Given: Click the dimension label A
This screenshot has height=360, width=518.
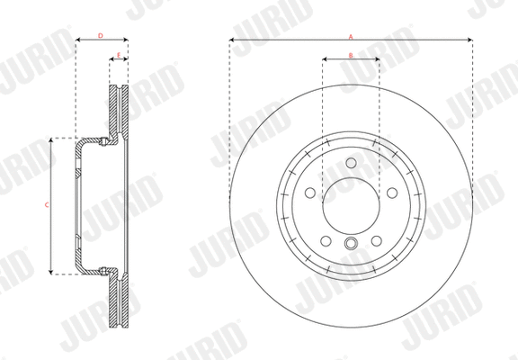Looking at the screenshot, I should coord(351,35).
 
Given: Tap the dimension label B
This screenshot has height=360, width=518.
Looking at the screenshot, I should coord(351,56).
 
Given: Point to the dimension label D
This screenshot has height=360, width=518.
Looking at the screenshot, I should coord(101,35).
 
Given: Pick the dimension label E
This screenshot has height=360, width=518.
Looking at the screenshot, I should coord(119,56).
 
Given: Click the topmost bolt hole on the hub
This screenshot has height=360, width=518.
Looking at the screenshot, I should coord(351,164).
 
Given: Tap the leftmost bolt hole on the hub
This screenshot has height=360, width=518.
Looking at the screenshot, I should coord(309,193).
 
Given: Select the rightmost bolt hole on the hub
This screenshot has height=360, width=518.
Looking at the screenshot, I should coord(392,193).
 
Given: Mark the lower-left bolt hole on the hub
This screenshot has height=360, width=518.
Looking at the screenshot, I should coord(326,242).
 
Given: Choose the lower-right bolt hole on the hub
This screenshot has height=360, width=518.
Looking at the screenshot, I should coord(376,242).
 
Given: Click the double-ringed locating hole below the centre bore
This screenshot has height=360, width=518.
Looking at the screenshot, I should coord(351,244).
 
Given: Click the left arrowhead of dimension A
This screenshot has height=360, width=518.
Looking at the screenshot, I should coord(232,40).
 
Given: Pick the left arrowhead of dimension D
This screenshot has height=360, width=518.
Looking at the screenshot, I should coord(78,40).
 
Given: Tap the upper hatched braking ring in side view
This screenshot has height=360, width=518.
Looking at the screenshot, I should coord(119,112).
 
